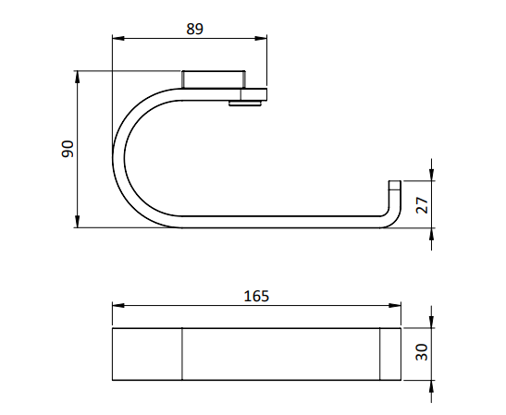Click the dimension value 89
(194, 29)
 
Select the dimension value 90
(68, 149)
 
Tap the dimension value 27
(422, 205)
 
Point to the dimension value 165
(256, 296)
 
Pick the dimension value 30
(422, 352)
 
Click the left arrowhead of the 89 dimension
(118, 39)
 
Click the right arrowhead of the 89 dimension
(261, 39)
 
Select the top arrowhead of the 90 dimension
(78, 77)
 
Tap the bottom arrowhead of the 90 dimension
(78, 222)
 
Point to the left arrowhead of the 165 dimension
(118, 305)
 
